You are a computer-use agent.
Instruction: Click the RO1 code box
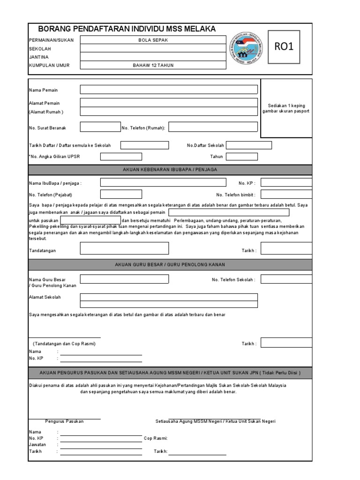point(285,46)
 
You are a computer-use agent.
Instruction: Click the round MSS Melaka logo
point(245,49)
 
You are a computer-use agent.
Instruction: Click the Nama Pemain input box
point(169,90)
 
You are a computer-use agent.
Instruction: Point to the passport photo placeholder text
point(286,109)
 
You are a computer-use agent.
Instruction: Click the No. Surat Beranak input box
point(100,127)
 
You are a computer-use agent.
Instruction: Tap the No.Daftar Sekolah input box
point(249,145)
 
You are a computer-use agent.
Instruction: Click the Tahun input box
point(242,157)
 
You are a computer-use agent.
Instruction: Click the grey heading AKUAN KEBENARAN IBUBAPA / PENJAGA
point(170,169)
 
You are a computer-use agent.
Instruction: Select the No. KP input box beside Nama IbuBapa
point(286,183)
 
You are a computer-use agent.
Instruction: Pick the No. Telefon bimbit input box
point(286,195)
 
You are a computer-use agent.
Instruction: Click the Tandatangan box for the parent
point(124,248)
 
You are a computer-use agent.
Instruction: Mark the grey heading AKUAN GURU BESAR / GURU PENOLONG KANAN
point(170,265)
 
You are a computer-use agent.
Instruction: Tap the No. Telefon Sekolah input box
point(286,279)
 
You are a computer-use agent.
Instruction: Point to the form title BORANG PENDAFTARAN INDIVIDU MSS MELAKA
point(127,29)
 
